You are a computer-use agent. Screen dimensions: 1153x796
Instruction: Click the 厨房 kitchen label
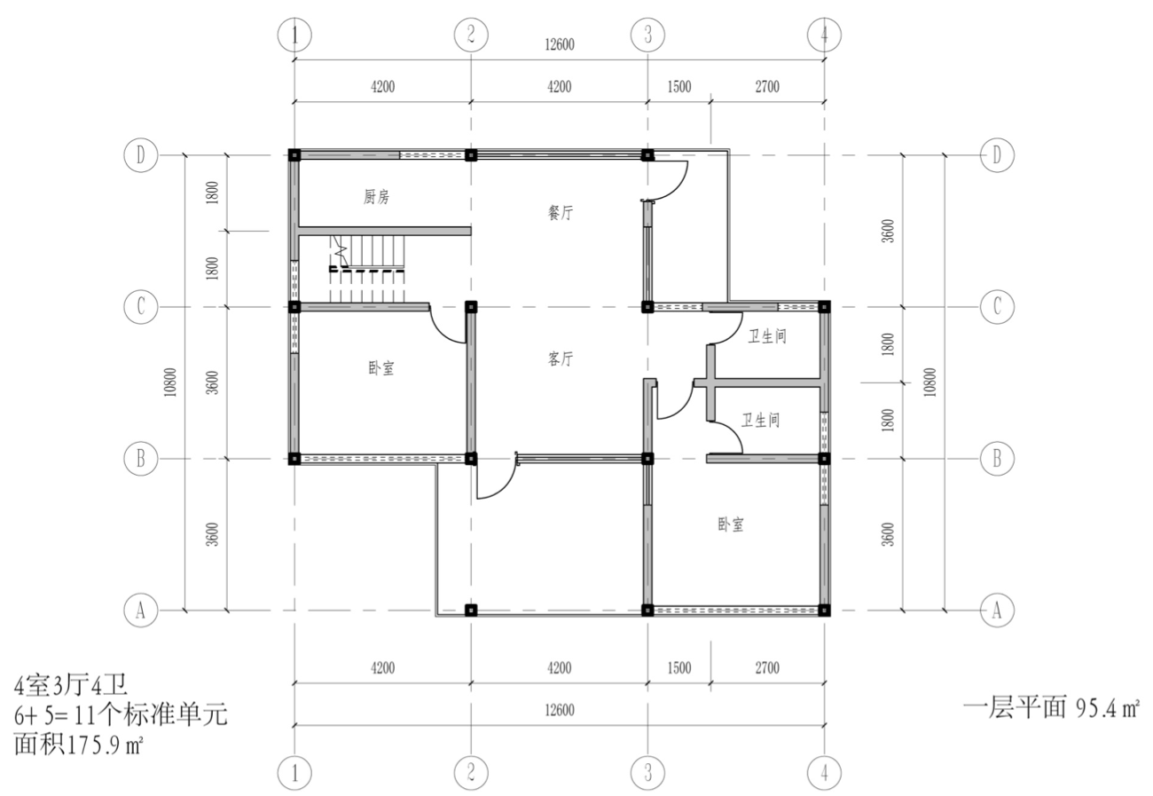376,197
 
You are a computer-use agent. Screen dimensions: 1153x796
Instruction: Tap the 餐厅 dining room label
560,212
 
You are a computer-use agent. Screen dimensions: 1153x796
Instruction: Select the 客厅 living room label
560,359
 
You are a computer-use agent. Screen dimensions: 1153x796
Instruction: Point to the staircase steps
367,269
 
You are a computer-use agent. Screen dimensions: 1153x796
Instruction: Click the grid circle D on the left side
140,155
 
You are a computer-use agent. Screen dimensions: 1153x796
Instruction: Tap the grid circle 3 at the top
647,35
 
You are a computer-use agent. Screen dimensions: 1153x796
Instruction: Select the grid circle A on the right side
997,611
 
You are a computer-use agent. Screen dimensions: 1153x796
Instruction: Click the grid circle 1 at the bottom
294,773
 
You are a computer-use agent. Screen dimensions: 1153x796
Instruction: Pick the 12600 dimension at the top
560,44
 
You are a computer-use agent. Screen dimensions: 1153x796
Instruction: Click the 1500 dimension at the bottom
679,668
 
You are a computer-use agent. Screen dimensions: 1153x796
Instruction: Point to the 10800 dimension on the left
170,382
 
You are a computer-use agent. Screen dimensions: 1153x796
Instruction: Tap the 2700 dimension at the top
767,86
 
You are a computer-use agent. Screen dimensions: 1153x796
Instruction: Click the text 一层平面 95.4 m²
1052,708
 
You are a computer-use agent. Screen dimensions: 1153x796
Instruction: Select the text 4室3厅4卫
71,685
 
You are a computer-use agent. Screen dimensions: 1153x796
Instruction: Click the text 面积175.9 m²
78,745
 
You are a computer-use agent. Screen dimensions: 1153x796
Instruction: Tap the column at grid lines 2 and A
470,611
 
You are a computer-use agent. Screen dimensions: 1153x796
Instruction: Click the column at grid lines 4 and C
824,307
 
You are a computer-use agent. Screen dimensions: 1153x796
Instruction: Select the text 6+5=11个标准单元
121,715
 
